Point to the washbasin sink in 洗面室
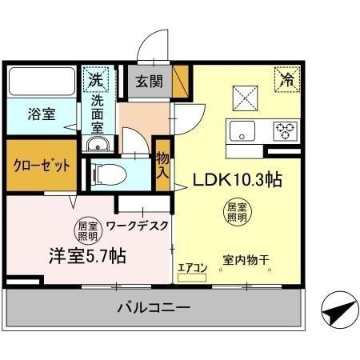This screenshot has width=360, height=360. tap(98, 144)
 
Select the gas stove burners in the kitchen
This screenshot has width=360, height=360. tap(286, 129)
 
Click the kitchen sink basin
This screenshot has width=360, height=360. tap(240, 130)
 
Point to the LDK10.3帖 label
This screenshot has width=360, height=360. tap(236, 180)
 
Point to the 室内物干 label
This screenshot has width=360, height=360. tap(246, 260)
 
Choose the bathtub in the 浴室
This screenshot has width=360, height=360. tap(42, 82)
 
